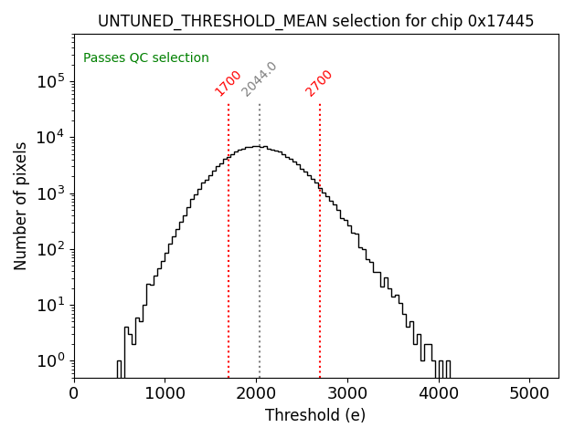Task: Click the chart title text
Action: (315, 20)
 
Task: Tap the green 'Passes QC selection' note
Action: (146, 57)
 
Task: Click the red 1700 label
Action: (228, 83)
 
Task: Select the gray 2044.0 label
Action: (259, 79)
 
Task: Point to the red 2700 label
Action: (319, 83)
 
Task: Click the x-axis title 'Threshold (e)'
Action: (315, 415)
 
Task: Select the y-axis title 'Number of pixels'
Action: (21, 205)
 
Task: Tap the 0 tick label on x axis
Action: (74, 394)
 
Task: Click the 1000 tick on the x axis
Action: (165, 394)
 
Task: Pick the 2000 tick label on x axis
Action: (256, 394)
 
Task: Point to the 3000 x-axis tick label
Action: (347, 394)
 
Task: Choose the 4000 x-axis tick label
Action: (439, 394)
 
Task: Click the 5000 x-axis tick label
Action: (530, 394)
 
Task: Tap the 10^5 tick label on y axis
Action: (53, 81)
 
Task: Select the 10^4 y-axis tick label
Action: (53, 137)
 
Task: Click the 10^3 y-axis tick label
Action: (53, 193)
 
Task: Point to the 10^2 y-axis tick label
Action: (53, 249)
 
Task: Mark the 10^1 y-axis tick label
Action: (53, 305)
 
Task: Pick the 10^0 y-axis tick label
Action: (53, 360)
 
